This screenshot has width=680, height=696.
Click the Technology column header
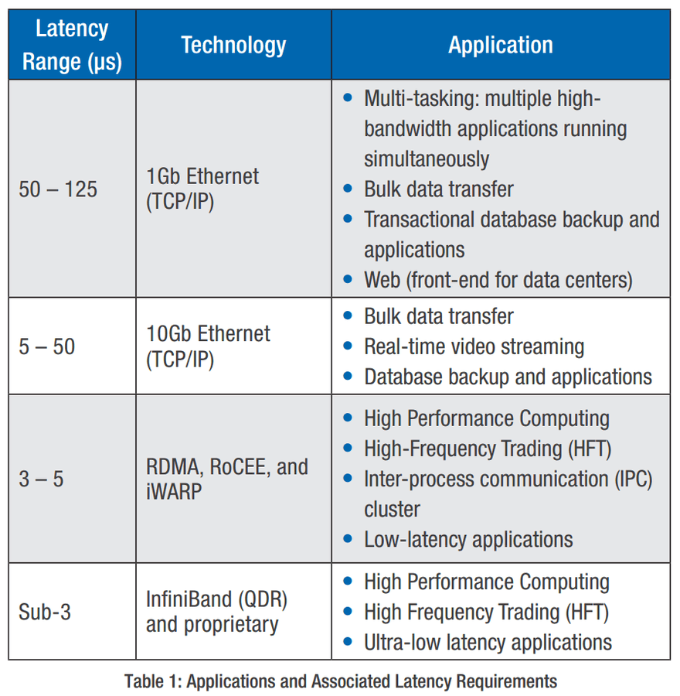(234, 45)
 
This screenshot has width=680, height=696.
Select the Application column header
(501, 45)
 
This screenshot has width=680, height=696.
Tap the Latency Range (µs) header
(72, 45)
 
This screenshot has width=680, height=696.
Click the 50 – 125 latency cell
(58, 189)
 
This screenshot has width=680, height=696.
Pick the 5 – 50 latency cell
(46, 346)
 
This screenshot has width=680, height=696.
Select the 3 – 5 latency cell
(41, 479)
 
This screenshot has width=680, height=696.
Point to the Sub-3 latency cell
(44, 612)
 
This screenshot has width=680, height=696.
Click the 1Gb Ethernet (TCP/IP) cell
(202, 189)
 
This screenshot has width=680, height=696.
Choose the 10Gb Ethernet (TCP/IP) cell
(208, 346)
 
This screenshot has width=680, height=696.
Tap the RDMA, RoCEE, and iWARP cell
(227, 479)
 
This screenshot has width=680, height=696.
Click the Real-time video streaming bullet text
(474, 346)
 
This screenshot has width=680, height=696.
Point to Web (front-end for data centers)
(498, 280)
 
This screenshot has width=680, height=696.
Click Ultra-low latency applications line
(488, 643)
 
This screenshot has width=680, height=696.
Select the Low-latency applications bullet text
(468, 540)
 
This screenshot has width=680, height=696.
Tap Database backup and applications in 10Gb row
(508, 377)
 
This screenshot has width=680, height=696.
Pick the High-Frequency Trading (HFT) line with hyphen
(488, 449)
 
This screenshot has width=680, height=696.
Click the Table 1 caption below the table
(341, 681)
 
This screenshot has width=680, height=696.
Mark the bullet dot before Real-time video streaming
(348, 346)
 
